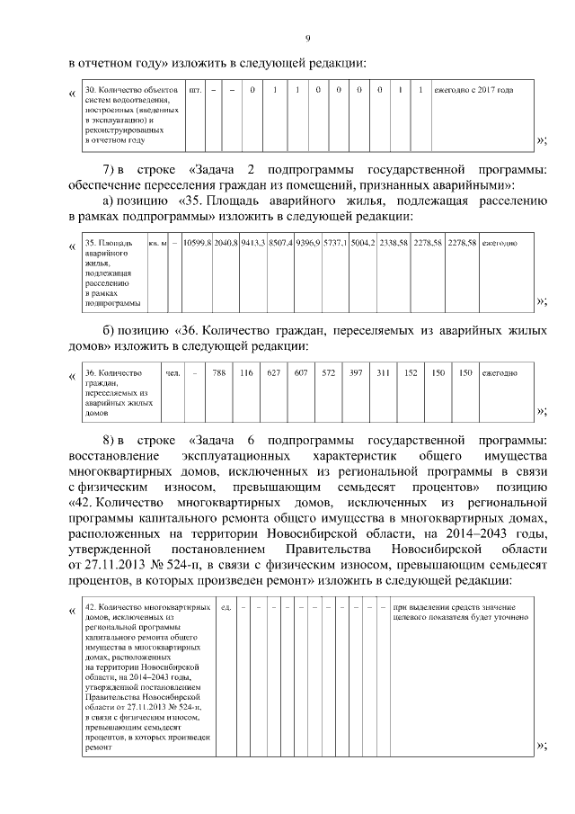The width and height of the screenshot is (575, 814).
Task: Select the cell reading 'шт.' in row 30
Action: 196,91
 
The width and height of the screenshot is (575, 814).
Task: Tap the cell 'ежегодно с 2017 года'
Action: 473,91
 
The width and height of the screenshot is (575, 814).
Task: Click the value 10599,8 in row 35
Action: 196,243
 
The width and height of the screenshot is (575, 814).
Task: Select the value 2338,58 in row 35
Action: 394,243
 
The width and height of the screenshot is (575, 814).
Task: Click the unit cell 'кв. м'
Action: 158,243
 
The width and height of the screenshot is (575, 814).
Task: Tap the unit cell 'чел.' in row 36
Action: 172,372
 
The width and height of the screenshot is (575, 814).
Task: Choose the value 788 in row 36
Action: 218,372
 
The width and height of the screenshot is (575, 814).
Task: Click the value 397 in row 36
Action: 355,372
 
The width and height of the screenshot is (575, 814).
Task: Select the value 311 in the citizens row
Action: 383,372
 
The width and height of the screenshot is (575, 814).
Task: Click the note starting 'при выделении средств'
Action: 459,613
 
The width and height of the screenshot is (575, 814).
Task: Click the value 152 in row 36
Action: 411,372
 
